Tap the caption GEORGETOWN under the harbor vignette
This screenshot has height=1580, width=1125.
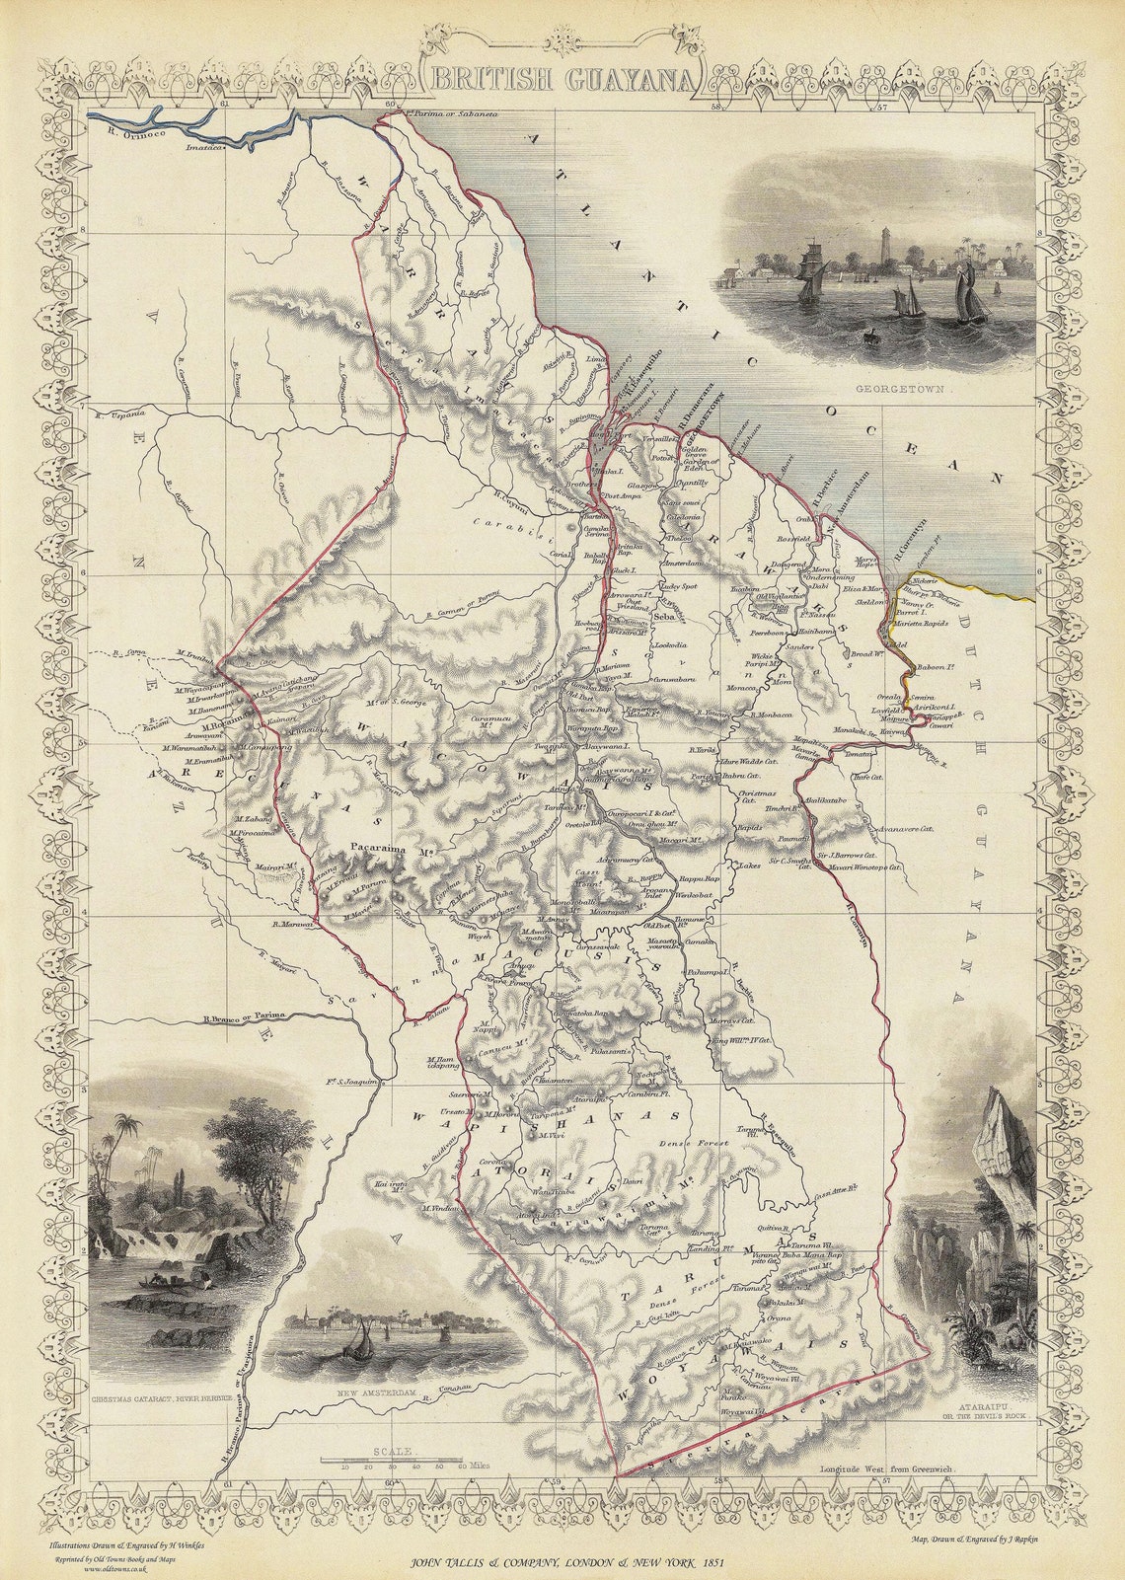[x=895, y=390]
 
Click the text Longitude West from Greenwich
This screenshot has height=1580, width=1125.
[x=886, y=1469]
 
